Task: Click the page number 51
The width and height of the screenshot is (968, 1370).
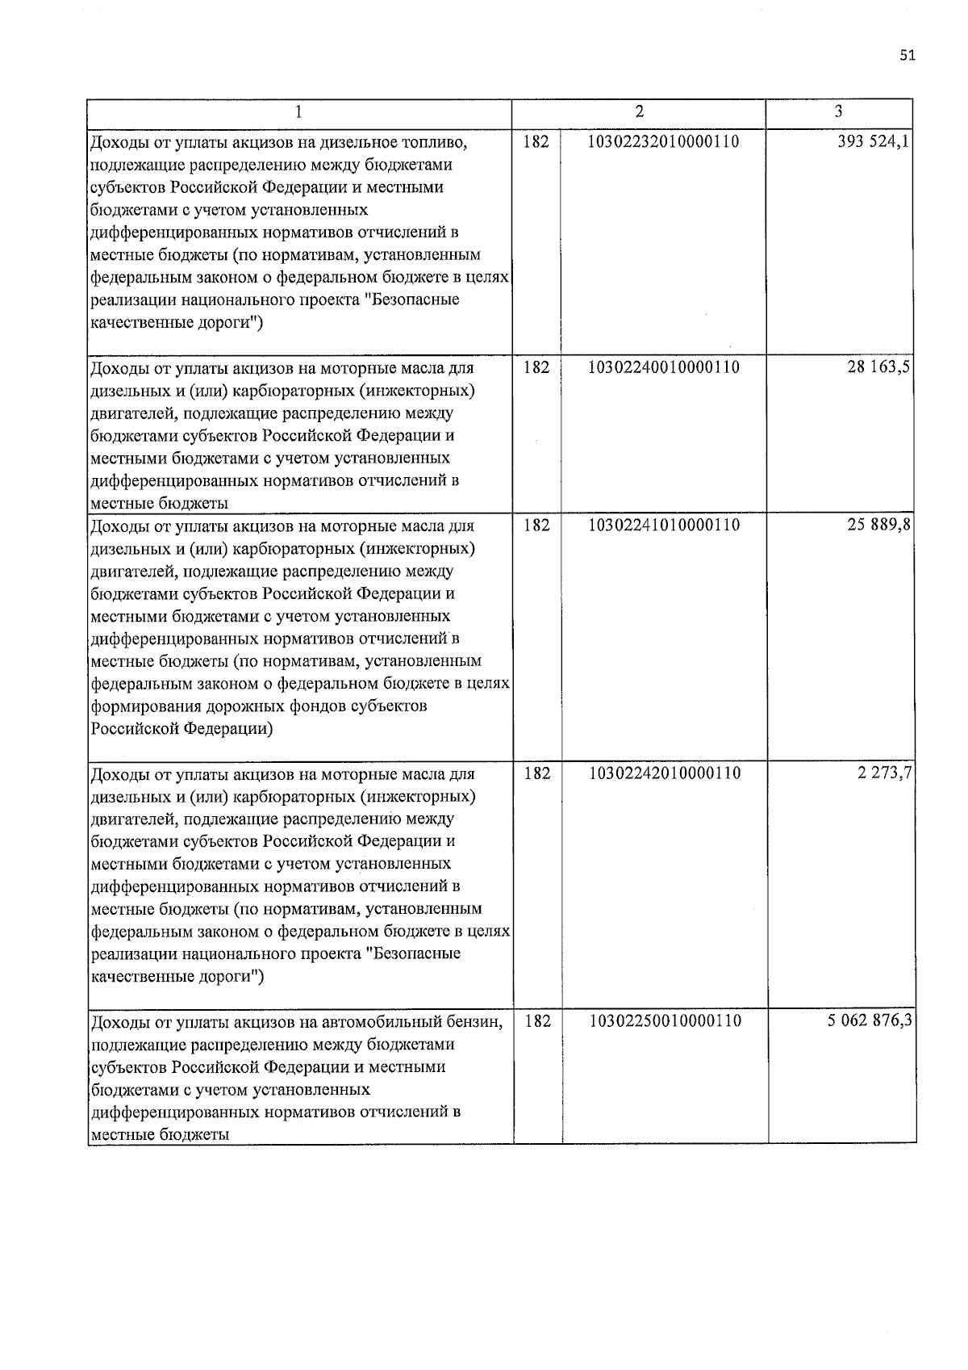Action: [907, 56]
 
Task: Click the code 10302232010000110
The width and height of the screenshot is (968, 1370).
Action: [664, 142]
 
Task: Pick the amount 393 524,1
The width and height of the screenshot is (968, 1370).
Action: [874, 142]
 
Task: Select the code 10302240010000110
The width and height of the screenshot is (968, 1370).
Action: [664, 367]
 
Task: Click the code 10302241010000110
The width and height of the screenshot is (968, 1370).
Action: [664, 526]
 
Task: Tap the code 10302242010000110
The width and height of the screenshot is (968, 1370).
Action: [664, 773]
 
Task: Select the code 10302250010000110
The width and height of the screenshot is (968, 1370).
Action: [664, 1021]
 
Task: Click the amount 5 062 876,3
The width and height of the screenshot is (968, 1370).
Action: [870, 1021]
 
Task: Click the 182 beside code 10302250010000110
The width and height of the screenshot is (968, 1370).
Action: [537, 1021]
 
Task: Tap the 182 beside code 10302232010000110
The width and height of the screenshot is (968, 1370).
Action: [536, 142]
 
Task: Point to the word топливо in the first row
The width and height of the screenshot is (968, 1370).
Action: [437, 144]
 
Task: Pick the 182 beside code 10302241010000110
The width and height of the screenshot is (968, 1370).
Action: [536, 526]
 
